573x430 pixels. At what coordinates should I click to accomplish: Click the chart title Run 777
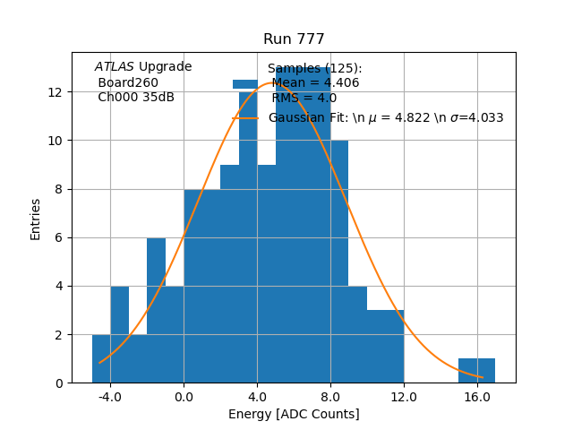tap(294, 39)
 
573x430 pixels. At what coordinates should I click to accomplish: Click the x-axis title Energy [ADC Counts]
tap(294, 414)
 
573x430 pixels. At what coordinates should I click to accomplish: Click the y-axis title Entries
tap(36, 219)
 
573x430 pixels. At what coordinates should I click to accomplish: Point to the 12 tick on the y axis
tap(55, 92)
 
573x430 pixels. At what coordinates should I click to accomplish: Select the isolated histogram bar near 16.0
tap(476, 371)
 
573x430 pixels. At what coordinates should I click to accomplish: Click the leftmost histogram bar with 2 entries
tap(101, 358)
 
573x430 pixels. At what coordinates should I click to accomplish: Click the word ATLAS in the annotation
tap(115, 67)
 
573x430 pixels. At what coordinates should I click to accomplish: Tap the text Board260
tap(128, 82)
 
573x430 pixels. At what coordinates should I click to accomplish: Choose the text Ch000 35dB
tap(136, 98)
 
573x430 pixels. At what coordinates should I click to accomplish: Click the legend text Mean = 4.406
tap(315, 83)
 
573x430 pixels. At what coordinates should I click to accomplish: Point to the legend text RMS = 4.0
tap(304, 99)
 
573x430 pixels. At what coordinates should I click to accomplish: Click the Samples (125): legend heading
tap(314, 69)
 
